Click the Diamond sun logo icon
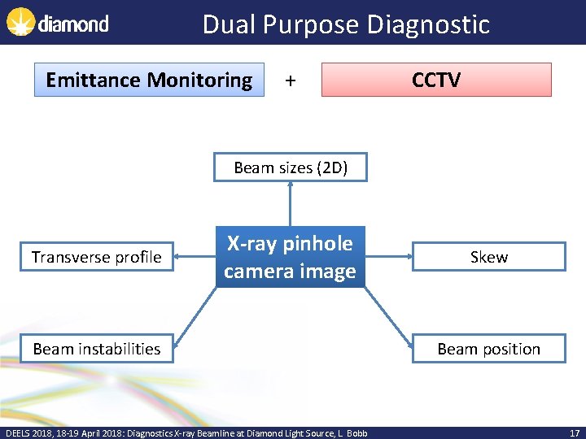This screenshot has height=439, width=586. [20, 22]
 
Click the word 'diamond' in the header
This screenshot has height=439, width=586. [73, 24]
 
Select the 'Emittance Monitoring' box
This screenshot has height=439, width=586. [149, 80]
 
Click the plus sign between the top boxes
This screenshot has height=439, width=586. [291, 80]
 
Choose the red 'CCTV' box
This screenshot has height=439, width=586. [436, 80]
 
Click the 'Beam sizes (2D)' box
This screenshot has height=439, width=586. [291, 168]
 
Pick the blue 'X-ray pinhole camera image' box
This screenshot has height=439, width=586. [290, 257]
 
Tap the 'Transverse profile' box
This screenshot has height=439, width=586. [97, 257]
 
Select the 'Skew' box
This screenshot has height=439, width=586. [488, 257]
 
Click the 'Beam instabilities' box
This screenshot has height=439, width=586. [97, 349]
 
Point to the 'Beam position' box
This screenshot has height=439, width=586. [488, 349]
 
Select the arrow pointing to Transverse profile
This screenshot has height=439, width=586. [195, 257]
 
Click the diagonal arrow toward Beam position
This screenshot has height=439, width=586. [387, 317]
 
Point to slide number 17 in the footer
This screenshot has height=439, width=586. [575, 433]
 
